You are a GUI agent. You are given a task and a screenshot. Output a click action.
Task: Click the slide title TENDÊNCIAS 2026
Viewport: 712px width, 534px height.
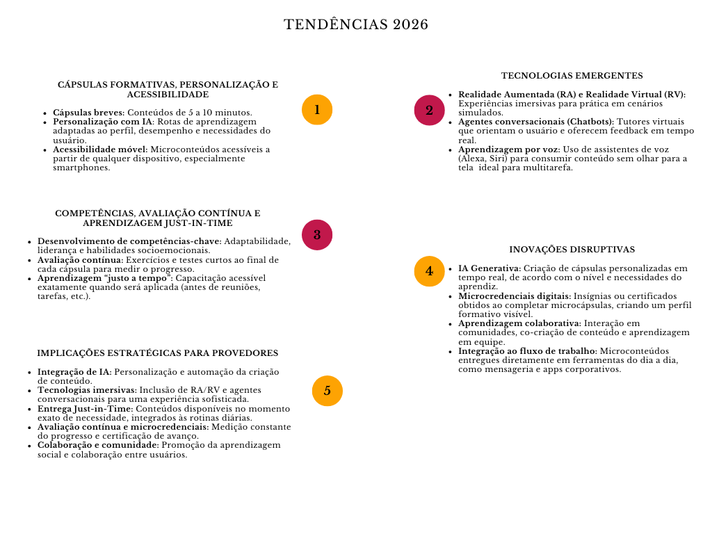[356, 25]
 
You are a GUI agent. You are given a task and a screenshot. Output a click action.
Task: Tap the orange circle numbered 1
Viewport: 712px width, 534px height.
[317, 110]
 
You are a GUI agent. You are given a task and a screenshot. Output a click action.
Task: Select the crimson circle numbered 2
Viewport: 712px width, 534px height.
[429, 110]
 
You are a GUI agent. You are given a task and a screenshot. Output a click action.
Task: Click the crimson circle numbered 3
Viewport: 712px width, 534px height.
[317, 234]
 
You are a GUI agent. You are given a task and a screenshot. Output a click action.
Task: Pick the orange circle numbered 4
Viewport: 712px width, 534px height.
[429, 271]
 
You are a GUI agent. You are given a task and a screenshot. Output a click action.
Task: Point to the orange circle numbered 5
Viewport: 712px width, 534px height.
[327, 390]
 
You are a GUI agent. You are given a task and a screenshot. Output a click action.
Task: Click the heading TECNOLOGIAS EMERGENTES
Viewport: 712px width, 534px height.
[572, 76]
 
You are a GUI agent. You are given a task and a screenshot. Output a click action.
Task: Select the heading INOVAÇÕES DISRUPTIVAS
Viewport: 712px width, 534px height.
[572, 250]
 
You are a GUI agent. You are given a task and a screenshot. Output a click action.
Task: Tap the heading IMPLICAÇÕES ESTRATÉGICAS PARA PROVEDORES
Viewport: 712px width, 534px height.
[158, 353]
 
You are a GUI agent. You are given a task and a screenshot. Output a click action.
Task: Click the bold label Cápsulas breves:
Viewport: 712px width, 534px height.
[88, 113]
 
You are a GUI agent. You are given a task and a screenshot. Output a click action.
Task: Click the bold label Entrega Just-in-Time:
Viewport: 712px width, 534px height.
[85, 409]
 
